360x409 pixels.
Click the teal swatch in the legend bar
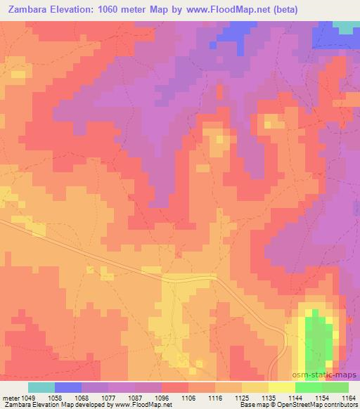[41, 387]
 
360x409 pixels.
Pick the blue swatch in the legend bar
[68, 387]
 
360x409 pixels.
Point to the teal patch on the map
[345, 27]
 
